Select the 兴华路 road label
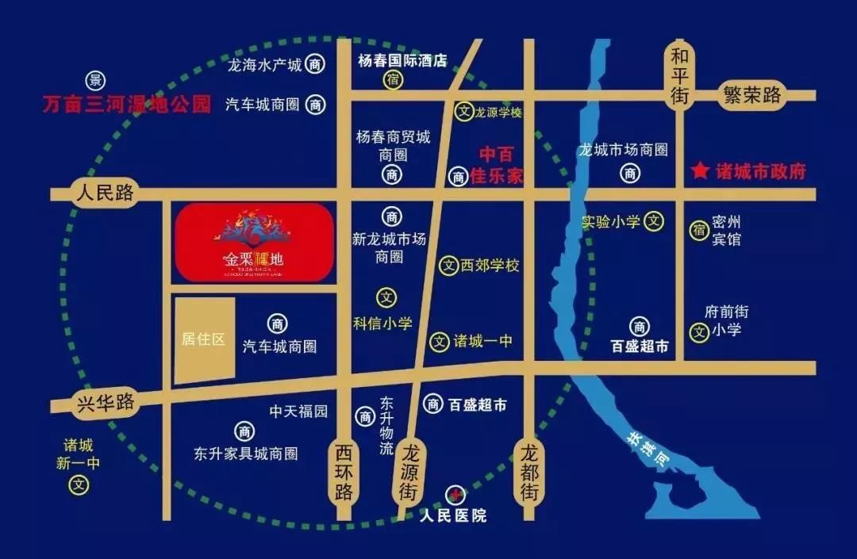click(105, 402)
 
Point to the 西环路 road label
click(343, 472)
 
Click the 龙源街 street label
click(408, 471)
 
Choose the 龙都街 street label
click(529, 471)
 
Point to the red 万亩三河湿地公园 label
click(127, 104)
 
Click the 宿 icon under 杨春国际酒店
click(393, 79)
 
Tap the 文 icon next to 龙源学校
click(463, 112)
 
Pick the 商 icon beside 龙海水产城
click(316, 65)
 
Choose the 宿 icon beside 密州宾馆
click(699, 231)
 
